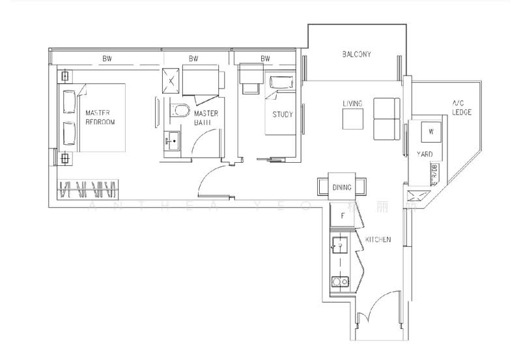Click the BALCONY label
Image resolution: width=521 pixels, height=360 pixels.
point(356,55)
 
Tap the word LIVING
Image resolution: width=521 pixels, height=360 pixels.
point(352,104)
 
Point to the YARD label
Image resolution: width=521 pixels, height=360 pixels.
point(425,155)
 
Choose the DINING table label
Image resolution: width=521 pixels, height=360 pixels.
point(342,187)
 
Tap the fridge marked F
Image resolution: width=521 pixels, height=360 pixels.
point(342,215)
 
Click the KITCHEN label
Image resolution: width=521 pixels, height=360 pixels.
point(378,240)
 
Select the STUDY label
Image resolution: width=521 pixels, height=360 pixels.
point(283,115)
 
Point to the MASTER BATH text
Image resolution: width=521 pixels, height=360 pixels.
point(206,118)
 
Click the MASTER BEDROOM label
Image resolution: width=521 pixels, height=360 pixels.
point(99,117)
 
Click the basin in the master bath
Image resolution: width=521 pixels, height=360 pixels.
point(173,138)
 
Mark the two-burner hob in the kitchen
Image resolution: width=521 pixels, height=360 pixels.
point(339,281)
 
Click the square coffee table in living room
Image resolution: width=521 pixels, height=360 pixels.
point(353,120)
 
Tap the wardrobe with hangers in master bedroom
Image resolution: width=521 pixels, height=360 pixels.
point(88,189)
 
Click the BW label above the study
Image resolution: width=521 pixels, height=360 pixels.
point(265,59)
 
